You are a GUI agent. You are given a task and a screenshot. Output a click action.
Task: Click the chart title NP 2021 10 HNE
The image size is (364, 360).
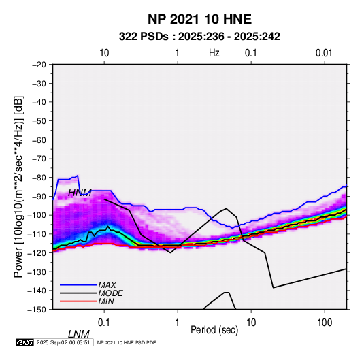pos(199,19)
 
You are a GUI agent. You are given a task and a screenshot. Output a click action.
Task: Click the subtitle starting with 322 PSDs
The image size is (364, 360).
pos(199,37)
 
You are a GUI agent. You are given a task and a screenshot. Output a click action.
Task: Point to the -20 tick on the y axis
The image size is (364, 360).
pos(39,65)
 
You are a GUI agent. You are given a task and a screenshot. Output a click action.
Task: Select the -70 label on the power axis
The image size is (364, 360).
pos(39,159)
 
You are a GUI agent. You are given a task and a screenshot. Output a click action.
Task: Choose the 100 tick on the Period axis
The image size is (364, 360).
pos(325,323)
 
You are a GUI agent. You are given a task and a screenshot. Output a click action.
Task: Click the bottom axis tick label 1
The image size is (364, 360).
pos(178,323)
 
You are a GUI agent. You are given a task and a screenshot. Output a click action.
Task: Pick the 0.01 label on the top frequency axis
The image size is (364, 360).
pos(324,53)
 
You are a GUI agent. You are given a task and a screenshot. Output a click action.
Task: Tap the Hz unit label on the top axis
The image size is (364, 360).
pos(214,53)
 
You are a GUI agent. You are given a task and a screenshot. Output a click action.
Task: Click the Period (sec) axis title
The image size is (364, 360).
pos(214,330)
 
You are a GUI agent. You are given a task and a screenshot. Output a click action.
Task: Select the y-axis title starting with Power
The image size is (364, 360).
pos(18,186)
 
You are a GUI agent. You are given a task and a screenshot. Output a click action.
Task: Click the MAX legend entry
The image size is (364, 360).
pos(107,284)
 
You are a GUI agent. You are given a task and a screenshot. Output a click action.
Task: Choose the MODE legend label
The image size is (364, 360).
pos(110,293)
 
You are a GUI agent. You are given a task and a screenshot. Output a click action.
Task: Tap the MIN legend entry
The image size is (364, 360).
pos(106,301)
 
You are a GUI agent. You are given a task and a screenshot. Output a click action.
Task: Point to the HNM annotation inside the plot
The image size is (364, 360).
pos(80,193)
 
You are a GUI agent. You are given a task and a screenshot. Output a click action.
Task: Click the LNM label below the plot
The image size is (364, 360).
pos(79,334)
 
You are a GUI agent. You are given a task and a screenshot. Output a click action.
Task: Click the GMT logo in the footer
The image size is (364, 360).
pos(24,342)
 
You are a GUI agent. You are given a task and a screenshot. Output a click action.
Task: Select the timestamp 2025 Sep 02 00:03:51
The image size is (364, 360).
pos(63,342)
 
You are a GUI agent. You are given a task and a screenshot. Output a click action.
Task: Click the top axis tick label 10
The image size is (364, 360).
pos(104,53)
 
